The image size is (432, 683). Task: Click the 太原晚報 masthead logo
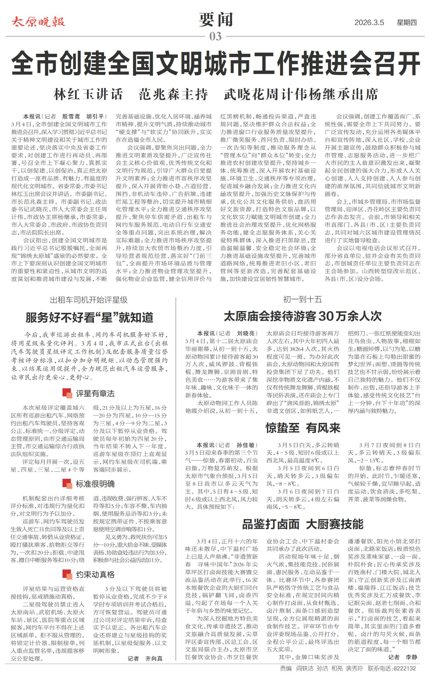pos(38,22)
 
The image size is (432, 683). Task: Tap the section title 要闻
pos(216,20)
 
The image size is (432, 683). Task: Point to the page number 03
pos(215,37)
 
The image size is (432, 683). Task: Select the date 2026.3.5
pos(369,23)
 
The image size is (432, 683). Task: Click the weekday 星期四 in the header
pos(407,23)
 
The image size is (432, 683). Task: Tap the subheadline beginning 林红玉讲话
pos(216,94)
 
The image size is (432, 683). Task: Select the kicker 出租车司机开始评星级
pos(89,300)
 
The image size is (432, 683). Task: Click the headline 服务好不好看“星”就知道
pos(89,317)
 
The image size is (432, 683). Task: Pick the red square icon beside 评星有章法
pos(67,393)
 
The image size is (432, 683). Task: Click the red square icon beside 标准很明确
pos(67,484)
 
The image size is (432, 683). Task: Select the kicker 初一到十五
pos(302,299)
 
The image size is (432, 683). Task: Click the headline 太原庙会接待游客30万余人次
pos(303,316)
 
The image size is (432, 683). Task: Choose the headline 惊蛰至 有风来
pos(303,428)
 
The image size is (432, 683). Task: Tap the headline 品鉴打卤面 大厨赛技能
pos(303,524)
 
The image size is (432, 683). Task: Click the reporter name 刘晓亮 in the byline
pos(246,333)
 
